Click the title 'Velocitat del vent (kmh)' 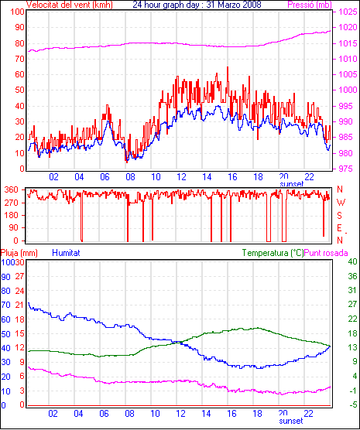click(69, 5)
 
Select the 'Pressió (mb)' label click(310, 5)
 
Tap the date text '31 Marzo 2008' click(234, 5)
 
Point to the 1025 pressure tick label click(348, 12)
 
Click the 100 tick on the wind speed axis click(18, 12)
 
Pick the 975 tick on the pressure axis click(348, 169)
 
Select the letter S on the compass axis click(339, 216)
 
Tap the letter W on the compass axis click(341, 203)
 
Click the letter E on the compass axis click(339, 228)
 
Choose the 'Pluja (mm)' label click(19, 253)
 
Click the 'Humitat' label click(66, 253)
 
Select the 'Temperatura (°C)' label click(273, 253)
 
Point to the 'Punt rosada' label click(326, 253)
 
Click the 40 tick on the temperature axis click(352, 261)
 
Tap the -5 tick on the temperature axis click(352, 404)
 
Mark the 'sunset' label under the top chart click(292, 184)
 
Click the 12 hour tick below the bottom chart click(180, 413)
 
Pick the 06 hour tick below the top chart click(105, 177)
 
